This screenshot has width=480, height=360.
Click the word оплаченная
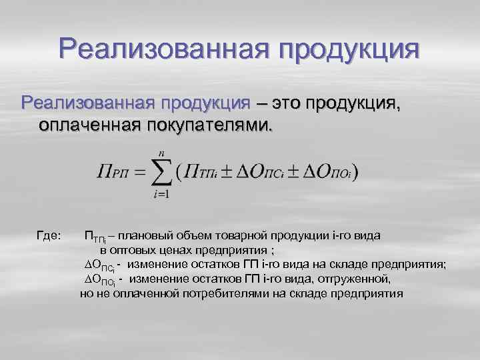click(85, 125)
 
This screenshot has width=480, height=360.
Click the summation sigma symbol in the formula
click(161, 173)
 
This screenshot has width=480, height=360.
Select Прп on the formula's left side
click(110, 174)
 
